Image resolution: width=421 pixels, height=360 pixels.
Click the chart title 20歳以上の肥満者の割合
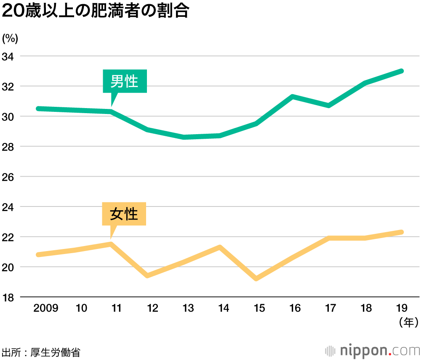(95, 12)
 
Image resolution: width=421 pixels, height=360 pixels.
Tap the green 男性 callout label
(125, 81)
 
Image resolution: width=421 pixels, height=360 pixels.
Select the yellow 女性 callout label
(124, 214)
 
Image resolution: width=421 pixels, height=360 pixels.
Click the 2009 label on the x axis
(46, 309)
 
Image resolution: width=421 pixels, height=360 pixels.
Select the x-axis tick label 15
(259, 309)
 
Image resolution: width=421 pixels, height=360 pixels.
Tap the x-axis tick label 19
(402, 309)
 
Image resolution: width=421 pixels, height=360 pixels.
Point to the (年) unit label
(408, 323)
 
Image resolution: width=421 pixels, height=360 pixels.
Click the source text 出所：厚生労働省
(41, 352)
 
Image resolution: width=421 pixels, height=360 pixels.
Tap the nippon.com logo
(372, 350)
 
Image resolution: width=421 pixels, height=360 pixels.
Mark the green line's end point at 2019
(402, 71)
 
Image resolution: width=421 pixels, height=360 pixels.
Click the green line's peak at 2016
(292, 97)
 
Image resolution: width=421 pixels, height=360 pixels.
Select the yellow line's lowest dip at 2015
(256, 279)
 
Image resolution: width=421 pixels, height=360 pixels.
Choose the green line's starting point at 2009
(38, 109)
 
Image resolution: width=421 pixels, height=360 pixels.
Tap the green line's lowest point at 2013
(184, 137)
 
